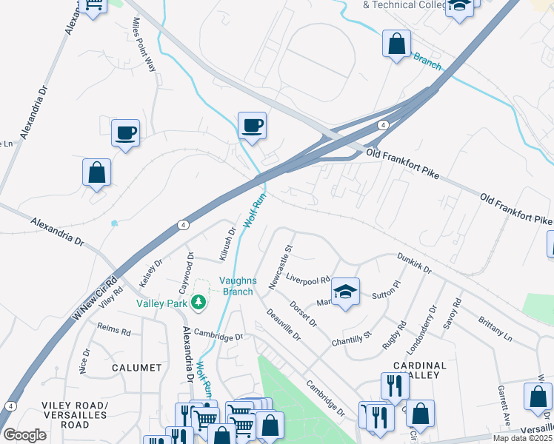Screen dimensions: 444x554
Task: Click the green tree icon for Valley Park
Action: click(198, 302)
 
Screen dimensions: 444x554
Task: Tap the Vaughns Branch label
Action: click(237, 286)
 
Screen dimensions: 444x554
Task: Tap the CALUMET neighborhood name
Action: click(136, 368)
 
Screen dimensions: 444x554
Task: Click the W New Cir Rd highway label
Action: click(96, 297)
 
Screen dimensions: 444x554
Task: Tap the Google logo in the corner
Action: click(24, 435)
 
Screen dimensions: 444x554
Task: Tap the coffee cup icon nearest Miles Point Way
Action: click(125, 133)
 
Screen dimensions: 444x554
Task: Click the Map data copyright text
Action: click(523, 438)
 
